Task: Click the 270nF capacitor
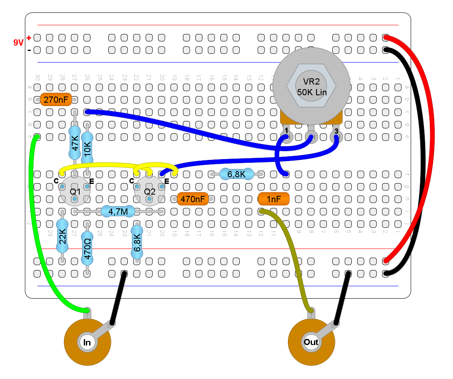[x=56, y=99]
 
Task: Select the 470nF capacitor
[x=192, y=199]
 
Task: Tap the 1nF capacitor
[x=273, y=199]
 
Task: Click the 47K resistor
[x=75, y=143]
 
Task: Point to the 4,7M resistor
[x=118, y=212]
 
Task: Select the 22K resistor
[x=62, y=237]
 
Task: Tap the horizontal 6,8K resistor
[x=236, y=174]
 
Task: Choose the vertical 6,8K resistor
[x=137, y=243]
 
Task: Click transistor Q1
[x=75, y=191]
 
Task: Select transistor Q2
[x=149, y=191]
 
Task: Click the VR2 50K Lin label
[x=312, y=87]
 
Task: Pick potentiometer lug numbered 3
[x=336, y=135]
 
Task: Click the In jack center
[x=87, y=342]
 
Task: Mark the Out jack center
[x=311, y=342]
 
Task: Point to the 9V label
[x=18, y=42]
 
